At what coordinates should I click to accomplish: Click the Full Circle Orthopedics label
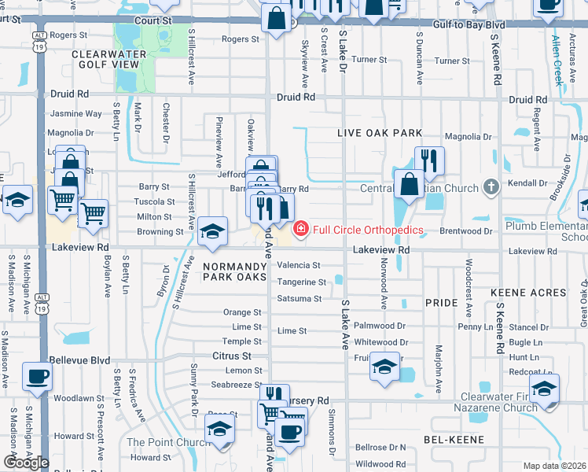point(369,230)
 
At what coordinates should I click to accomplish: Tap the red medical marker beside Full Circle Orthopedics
point(300,229)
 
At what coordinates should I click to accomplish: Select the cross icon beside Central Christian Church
point(491,187)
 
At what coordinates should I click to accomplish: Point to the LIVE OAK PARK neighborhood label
point(380,133)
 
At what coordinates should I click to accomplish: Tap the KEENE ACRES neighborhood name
point(528,293)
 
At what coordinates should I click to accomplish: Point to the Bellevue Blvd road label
point(82,359)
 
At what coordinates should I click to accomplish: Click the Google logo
point(26,463)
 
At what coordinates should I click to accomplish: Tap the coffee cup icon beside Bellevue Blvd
point(37,376)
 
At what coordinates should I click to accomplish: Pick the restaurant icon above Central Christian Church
point(428,160)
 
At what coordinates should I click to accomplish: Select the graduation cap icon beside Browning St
point(211,230)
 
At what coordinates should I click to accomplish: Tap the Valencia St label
point(299,266)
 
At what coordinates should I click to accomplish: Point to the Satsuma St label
point(299,299)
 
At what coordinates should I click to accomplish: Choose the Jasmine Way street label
point(75,114)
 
